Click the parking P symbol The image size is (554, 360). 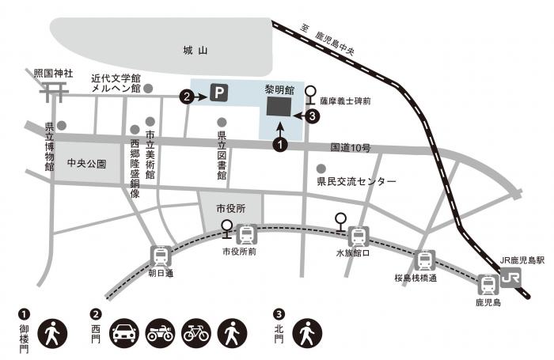click(x=219, y=95)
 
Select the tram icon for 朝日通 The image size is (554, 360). click(x=160, y=256)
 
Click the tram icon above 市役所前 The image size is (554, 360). click(x=246, y=235)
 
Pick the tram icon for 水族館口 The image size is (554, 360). click(x=359, y=236)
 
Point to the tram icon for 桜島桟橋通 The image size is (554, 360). click(x=424, y=260)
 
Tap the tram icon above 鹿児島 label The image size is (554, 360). click(x=486, y=284)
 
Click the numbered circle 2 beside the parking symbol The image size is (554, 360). click(x=187, y=97)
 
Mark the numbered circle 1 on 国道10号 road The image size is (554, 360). click(x=279, y=145)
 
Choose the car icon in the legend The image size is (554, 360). click(x=127, y=332)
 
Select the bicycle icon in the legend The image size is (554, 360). click(x=195, y=332)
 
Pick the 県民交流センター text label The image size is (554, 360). click(x=356, y=182)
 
